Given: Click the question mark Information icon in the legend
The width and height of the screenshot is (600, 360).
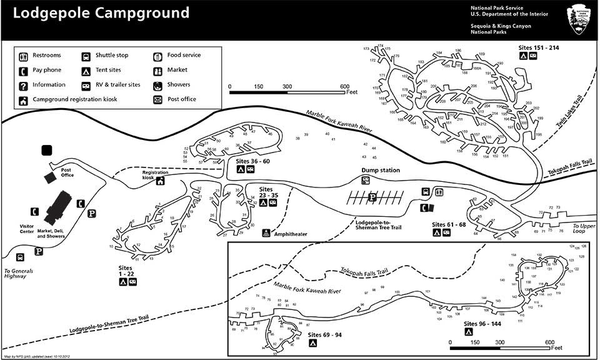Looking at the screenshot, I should pos(23,85).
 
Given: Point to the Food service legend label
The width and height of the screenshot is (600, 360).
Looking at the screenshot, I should pos(184,55).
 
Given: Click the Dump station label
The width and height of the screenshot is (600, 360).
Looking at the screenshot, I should pos(380,170).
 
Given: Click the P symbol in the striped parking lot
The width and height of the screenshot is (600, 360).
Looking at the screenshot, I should pos(372,198).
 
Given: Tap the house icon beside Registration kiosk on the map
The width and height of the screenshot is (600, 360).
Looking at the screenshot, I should pos(161,181).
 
